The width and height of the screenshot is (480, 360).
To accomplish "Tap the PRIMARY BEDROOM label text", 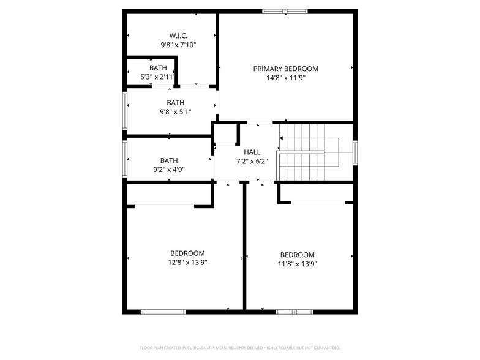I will click(285, 69).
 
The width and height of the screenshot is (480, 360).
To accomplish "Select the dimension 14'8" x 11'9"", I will click(285, 78).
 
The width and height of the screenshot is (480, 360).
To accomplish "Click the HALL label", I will click(252, 152).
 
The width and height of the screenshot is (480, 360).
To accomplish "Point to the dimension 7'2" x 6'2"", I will click(252, 162).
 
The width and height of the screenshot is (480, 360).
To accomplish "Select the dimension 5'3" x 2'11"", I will click(157, 77).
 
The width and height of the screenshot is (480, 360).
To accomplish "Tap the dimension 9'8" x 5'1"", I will click(176, 112).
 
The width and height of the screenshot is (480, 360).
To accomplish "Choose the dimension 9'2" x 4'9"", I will click(168, 170).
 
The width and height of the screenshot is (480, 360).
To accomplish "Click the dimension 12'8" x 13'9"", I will click(187, 263).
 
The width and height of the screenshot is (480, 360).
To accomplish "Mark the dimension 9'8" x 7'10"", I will click(178, 45).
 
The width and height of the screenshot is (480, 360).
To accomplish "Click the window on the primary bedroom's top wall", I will click(285, 11).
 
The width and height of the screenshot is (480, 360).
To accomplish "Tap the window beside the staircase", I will click(354, 152).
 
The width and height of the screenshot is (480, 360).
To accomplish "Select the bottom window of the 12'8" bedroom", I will click(163, 312).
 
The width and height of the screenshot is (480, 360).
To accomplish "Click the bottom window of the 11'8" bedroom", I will click(294, 312).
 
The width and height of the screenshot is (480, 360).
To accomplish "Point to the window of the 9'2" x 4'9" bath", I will click(125, 159).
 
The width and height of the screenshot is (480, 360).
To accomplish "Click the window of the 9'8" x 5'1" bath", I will click(125, 110).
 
